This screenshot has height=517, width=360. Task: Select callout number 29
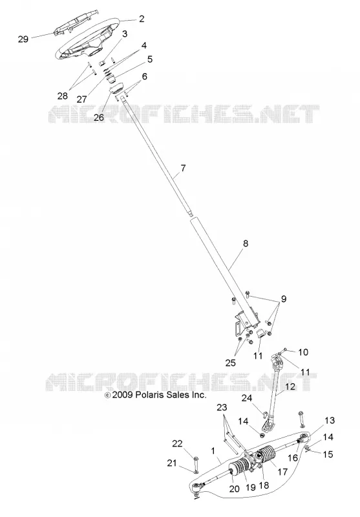pos(23,39)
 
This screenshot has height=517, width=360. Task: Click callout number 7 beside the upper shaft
pos(183,168)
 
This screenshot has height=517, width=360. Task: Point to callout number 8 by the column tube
pos(245,244)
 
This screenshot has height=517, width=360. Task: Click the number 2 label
pos(142,19)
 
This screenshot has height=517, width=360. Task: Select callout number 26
pos(99,118)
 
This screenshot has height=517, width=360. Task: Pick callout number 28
pos(63,96)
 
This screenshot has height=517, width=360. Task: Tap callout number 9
pos(284,299)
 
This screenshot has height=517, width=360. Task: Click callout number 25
pos(231,363)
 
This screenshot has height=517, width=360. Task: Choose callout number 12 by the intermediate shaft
pos(290,386)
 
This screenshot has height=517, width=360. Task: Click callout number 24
pos(247,398)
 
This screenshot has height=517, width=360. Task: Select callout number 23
pos(222,408)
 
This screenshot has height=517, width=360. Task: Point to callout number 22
pos(177,443)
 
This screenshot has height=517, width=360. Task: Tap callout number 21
pos(172,463)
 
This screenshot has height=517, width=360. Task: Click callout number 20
pos(234,489)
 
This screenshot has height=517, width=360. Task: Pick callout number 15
pos(328,454)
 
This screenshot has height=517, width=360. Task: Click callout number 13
pos(330,421)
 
